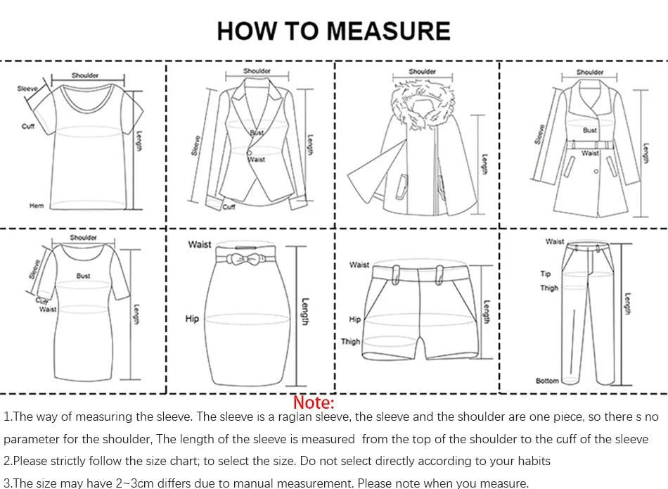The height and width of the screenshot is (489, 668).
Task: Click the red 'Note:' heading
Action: coord(314,402)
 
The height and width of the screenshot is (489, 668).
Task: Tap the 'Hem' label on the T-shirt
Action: coord(37,205)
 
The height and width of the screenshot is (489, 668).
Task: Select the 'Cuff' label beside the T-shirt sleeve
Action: coord(28,127)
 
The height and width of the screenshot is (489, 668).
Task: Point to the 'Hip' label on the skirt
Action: coord(192,319)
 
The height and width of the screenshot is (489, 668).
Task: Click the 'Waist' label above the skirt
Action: coord(200,244)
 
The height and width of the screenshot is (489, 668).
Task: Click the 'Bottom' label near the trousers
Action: coord(547,381)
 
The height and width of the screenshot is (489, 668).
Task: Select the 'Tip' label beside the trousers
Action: coord(546,274)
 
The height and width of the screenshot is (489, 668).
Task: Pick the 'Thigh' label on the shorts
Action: coord(351,341)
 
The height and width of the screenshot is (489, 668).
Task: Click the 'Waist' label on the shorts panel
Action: coord(359,265)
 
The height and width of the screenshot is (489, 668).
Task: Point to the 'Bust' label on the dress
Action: coord(84,276)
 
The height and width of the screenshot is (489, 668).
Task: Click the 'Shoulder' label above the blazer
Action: coord(257,71)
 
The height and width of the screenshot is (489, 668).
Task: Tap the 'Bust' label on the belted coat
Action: coord(589,130)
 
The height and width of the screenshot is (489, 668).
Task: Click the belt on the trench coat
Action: coord(590,145)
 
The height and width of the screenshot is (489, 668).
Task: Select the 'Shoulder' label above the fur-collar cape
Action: coord(422,71)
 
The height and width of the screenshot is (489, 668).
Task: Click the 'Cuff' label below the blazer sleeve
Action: coord(229,207)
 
